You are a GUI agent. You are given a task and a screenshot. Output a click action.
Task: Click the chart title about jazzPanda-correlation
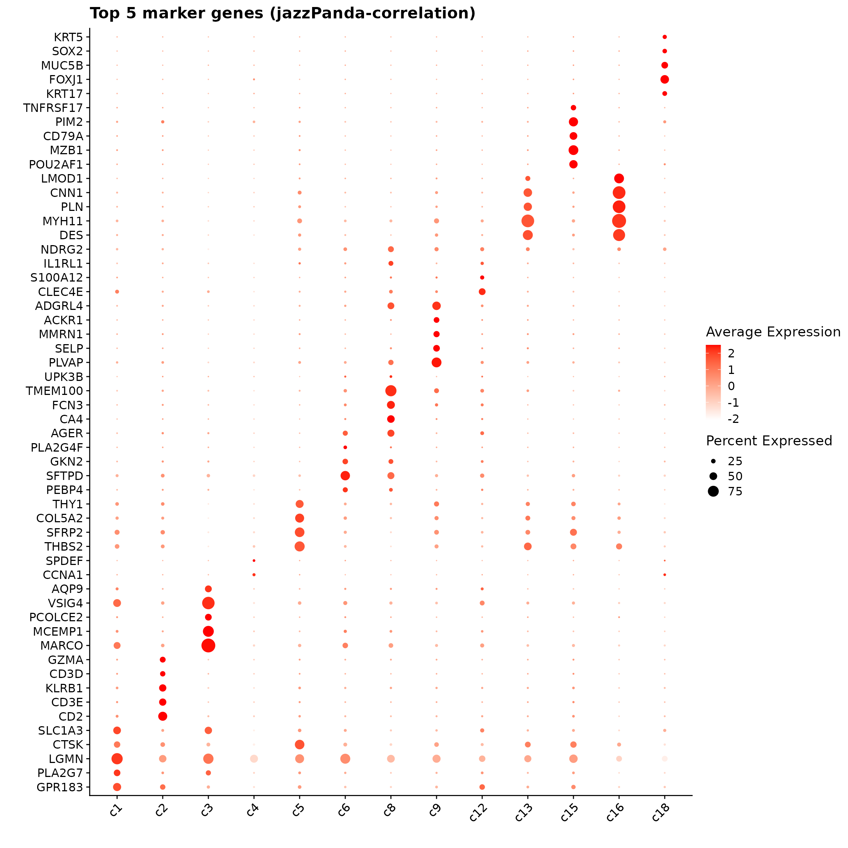282,14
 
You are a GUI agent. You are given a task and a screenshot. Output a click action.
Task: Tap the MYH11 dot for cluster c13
527,221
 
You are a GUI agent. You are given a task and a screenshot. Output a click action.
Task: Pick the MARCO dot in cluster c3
208,645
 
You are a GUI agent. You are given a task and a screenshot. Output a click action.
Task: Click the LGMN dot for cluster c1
117,759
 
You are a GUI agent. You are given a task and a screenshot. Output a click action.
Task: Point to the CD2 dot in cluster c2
162,716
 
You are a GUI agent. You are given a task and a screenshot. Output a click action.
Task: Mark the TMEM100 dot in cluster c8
391,391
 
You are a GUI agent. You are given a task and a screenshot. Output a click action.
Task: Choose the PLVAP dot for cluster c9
436,362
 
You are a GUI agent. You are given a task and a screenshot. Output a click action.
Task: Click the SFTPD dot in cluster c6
345,476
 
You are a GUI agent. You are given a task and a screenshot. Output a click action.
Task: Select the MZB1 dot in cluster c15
573,150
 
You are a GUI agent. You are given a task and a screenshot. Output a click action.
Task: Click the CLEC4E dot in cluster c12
482,291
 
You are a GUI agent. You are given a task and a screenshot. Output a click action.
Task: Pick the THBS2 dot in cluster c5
299,547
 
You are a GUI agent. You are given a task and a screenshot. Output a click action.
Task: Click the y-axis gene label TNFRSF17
53,108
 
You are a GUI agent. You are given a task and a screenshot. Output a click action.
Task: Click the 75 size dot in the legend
713,491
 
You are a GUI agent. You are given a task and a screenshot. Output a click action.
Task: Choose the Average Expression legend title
773,332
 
